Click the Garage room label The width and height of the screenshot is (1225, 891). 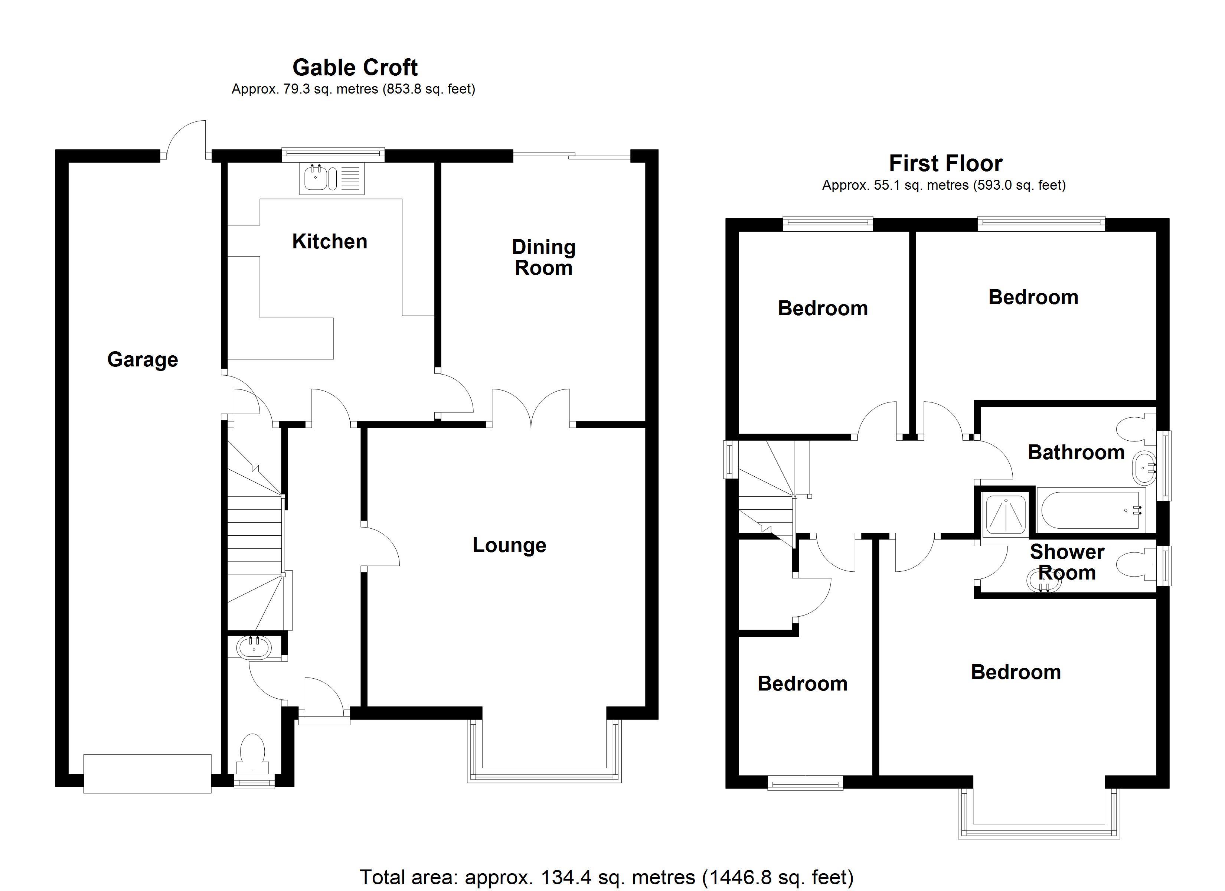click(x=143, y=360)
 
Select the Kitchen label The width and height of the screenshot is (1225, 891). click(x=330, y=242)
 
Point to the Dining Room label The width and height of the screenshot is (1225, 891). click(x=543, y=257)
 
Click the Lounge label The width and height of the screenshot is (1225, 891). click(x=509, y=545)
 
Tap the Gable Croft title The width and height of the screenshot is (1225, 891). click(x=355, y=68)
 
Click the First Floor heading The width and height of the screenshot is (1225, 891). click(x=945, y=163)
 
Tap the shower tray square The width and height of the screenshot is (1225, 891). click(x=1006, y=515)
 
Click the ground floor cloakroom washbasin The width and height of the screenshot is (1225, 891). click(x=254, y=648)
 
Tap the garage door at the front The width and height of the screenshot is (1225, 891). click(x=147, y=774)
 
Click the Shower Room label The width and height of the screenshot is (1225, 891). click(x=1067, y=562)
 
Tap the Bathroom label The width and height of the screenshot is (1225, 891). click(x=1076, y=452)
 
